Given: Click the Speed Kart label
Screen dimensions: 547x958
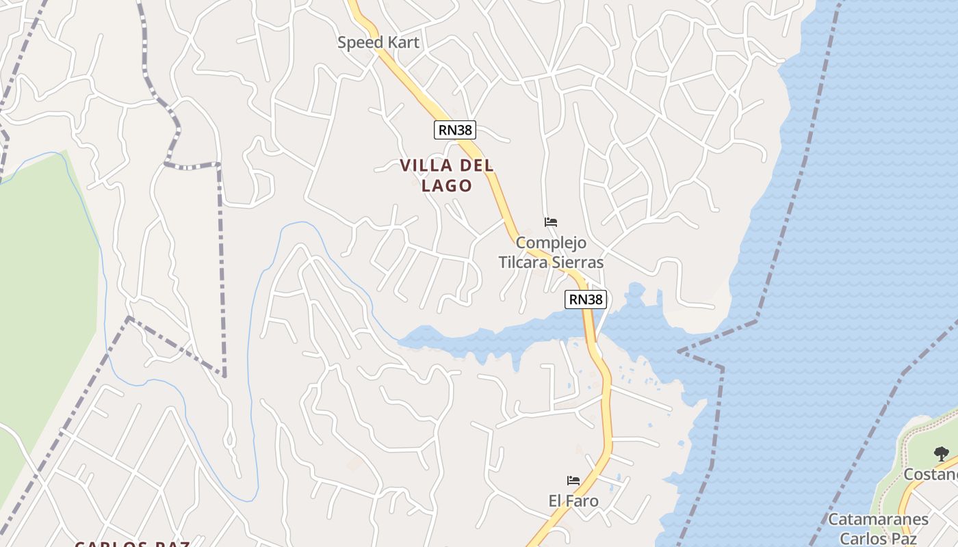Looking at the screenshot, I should pos(378,42).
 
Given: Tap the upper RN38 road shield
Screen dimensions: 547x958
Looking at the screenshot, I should pos(454,129).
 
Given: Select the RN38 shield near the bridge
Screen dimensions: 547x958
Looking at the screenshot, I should pos(586,299).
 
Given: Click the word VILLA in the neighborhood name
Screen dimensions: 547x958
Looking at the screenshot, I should pos(426,165).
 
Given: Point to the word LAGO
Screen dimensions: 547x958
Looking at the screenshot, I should pos(447,185).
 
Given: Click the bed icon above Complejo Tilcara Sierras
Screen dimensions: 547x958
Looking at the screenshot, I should pos(551,222).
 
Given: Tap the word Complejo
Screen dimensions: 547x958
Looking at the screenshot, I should pos(551,243).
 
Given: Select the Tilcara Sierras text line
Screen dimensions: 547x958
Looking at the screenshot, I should pos(551,263).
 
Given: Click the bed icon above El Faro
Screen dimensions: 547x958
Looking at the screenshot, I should pos(573,481).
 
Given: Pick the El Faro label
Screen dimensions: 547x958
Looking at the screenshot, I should pos(573,501).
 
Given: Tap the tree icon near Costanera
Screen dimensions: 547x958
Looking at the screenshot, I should pos(942,453).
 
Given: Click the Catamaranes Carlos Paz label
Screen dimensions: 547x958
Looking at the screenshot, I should pos(879,529).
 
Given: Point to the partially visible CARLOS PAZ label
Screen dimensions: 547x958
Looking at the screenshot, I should pos(132,544).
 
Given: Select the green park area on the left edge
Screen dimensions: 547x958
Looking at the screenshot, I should pos(41,287).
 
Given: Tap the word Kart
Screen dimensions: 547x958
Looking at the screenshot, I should pos(403,42).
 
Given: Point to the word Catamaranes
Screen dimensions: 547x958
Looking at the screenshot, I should pos(879,520).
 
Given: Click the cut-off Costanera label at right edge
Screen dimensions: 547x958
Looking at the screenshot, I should pos(931,475).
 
